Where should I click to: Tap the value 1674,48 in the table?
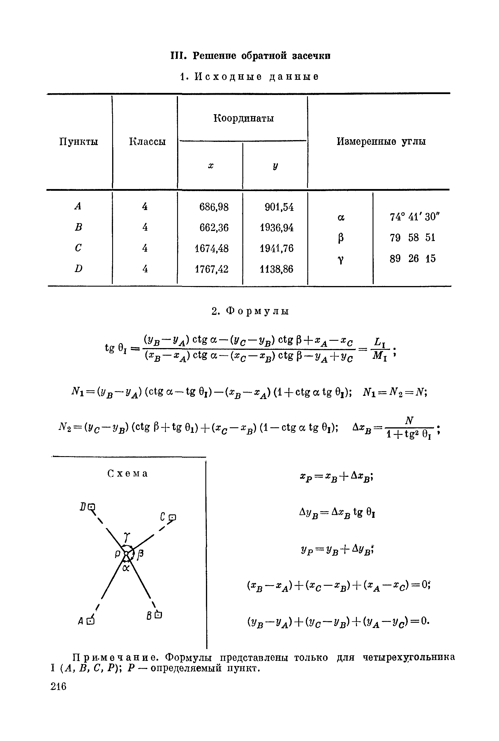[x=211, y=248]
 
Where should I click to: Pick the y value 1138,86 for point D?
[x=276, y=269]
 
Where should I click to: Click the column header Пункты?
[x=79, y=142]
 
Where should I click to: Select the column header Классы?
[x=147, y=142]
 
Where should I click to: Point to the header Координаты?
[x=244, y=118]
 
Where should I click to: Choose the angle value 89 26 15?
[x=412, y=258]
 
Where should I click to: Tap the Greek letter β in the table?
[x=341, y=238]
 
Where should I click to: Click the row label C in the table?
[x=78, y=248]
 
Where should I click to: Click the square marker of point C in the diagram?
[x=172, y=518]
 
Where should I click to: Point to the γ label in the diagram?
[x=127, y=537]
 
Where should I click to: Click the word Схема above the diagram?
[x=128, y=474]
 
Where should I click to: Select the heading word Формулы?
[x=258, y=311]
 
